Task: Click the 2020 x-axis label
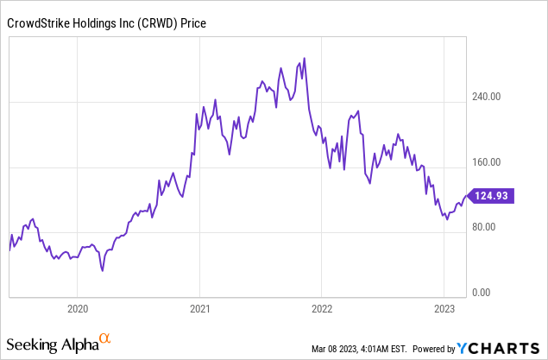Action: click(78, 309)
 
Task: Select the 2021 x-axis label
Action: click(199, 309)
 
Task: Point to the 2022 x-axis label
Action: click(321, 309)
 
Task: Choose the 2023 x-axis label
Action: click(444, 309)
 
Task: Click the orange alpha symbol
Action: click(105, 339)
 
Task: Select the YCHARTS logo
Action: click(500, 348)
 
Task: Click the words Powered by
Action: click(434, 349)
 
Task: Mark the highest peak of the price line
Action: click(303, 59)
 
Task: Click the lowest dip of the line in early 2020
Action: click(103, 270)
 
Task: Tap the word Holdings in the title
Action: click(105, 25)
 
